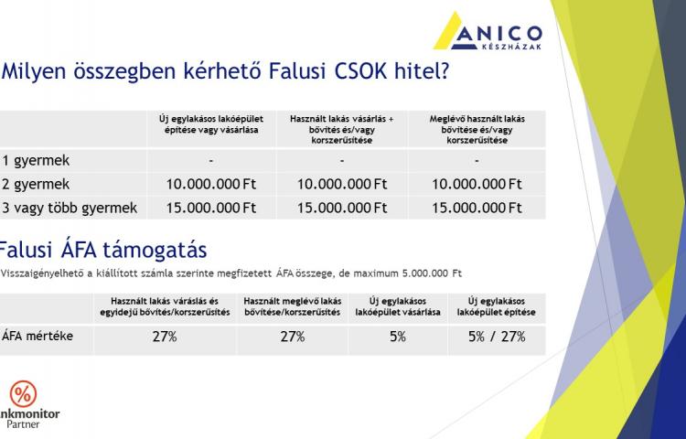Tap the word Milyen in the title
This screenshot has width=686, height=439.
coord(34,72)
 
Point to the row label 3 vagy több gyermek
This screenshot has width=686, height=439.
coord(70,209)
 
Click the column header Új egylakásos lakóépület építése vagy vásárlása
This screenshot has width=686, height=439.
coord(211,124)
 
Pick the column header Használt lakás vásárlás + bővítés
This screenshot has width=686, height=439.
coord(342,130)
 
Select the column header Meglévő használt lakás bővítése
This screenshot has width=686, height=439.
coord(477,130)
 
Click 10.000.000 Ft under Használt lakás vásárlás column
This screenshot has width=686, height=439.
coord(342,184)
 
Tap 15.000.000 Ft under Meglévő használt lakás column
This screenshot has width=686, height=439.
coord(477,208)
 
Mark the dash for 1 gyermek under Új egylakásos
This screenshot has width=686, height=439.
coord(211,161)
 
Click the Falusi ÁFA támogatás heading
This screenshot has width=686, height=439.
coord(102,250)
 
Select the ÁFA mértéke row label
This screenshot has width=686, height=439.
coord(38,337)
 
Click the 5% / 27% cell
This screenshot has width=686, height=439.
coord(497,337)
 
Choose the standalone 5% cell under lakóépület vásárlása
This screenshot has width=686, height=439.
coord(398,337)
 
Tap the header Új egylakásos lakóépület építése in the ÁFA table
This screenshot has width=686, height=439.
coord(496,306)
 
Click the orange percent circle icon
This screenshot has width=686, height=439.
coord(23,394)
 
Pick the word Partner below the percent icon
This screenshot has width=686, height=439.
coord(23,424)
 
